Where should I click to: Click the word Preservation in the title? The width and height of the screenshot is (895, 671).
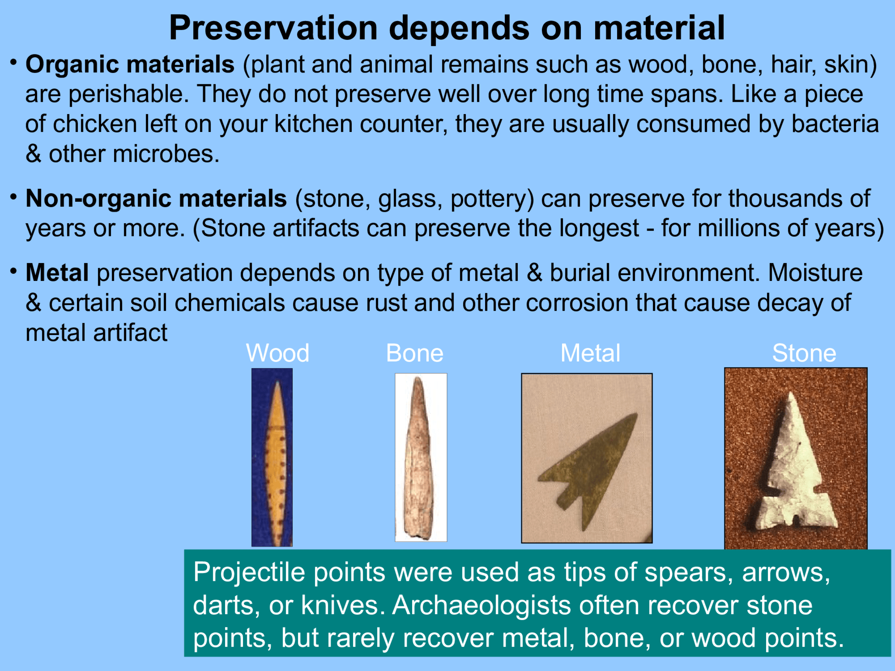273,28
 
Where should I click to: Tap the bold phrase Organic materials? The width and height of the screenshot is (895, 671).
130,65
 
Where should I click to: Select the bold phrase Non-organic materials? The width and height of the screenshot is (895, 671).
156,199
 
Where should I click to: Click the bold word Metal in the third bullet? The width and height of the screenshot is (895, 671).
57,273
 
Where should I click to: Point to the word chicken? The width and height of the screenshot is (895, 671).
95,125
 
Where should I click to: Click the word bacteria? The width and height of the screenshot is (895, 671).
835,125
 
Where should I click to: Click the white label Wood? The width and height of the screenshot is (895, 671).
278,353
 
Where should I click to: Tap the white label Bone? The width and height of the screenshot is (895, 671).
414,353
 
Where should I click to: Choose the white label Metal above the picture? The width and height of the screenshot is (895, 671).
590,353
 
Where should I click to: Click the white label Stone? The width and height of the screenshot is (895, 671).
804,353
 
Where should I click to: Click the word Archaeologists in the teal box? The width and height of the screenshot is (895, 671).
481,605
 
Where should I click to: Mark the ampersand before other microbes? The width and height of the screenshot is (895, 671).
33,154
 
